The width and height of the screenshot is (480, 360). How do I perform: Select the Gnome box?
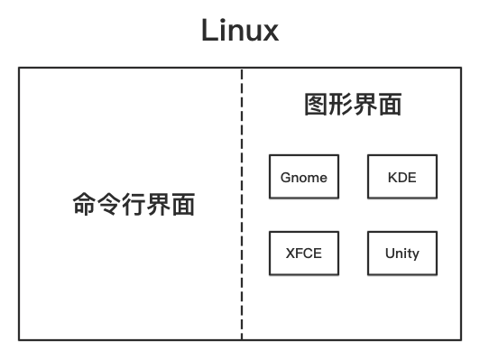coord(303,177)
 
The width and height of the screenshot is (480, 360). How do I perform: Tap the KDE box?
coord(402,177)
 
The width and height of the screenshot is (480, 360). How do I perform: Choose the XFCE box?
coord(303,253)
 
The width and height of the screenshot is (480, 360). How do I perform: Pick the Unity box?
coord(402,253)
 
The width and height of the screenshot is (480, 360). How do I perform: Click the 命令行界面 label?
coord(134,205)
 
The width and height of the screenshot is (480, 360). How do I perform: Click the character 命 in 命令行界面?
coord(84,205)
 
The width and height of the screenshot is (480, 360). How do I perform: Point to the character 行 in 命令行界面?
coord(134,205)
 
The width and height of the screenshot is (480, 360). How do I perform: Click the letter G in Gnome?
coord(285,177)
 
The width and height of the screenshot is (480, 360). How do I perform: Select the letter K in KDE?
coord(392,177)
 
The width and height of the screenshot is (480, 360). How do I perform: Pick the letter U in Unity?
coord(389,253)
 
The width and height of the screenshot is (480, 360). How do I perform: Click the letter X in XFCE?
coord(290,253)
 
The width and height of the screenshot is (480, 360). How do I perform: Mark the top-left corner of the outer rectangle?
coord(20,68)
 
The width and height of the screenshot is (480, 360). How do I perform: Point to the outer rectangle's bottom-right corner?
coord(461,339)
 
